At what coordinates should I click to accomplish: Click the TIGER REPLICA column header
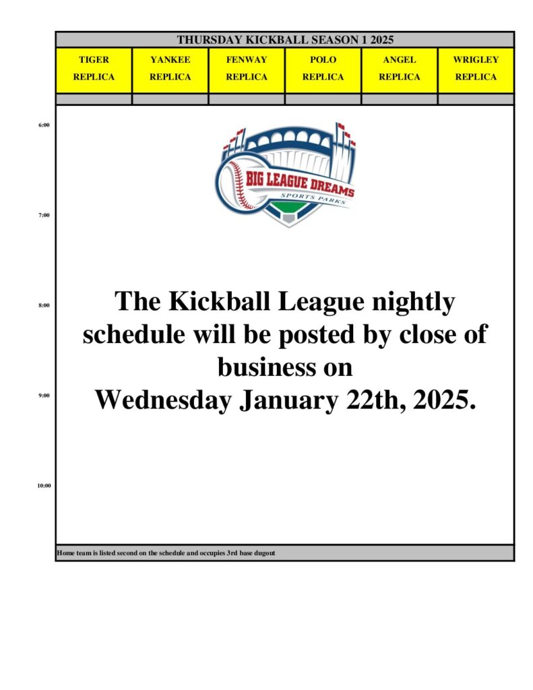(x=94, y=68)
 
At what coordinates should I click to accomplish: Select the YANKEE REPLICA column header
(x=170, y=68)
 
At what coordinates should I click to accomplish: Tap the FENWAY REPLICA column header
(x=247, y=68)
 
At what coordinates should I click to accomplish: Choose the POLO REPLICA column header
(x=323, y=68)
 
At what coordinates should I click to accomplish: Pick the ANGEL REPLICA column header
(x=400, y=68)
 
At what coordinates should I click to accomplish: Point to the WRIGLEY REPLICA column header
(x=476, y=68)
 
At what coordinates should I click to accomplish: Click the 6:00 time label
(x=44, y=125)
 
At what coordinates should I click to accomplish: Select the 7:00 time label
(x=44, y=215)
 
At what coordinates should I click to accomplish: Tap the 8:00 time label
(x=44, y=305)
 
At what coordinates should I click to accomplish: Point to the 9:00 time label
(x=44, y=396)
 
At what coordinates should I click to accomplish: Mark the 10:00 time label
(x=44, y=486)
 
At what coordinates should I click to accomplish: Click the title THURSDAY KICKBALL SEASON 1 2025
(x=285, y=40)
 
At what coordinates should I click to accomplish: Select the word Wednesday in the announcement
(x=164, y=400)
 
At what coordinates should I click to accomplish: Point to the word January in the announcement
(x=289, y=401)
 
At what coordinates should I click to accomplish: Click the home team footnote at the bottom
(x=166, y=553)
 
